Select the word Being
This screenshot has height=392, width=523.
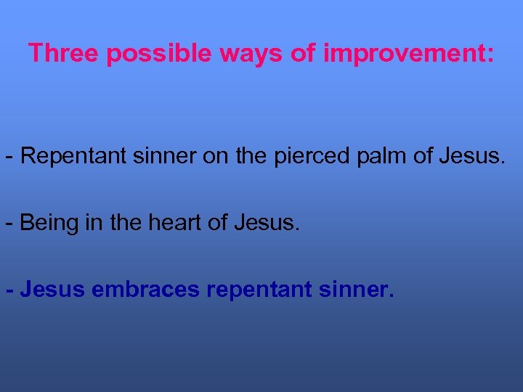48,223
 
